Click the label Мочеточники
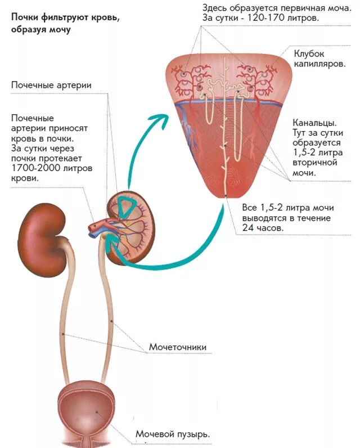click(177, 347)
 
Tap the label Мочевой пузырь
click(173, 434)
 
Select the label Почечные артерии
click(51, 85)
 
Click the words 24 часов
click(263, 229)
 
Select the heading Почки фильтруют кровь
click(66, 17)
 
